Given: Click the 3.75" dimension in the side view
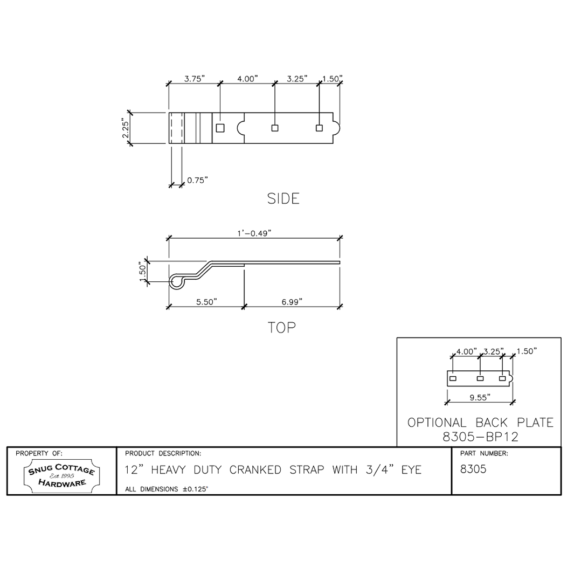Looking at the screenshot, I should (195, 79).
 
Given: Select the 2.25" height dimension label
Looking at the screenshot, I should (125, 128).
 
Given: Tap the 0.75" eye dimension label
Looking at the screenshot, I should (197, 180).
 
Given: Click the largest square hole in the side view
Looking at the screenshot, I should (220, 128).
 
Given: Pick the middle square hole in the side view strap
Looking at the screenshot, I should (274, 128).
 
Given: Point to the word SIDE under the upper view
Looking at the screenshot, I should (283, 199).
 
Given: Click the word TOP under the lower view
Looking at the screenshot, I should (282, 327).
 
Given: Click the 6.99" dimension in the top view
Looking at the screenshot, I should (292, 302).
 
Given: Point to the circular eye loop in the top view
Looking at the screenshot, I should (176, 281).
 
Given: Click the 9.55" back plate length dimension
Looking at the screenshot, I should (479, 398).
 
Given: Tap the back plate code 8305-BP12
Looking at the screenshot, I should (480, 437).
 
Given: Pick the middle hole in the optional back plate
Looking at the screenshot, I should (480, 379).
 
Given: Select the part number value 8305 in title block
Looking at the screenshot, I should (473, 469).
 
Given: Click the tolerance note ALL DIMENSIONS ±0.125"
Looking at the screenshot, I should (167, 489).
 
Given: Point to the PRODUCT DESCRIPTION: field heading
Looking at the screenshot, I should (163, 453).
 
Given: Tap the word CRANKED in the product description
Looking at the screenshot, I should (255, 470).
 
